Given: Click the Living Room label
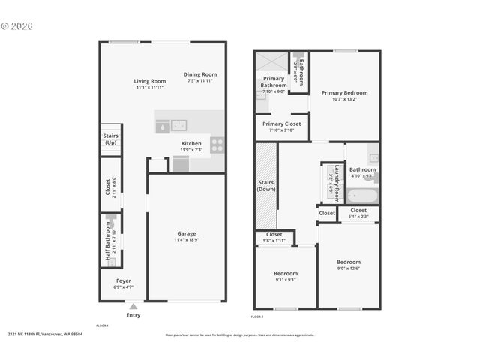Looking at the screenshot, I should [150, 81].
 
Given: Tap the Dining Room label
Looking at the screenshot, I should [201, 74].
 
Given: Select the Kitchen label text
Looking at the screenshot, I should [191, 143].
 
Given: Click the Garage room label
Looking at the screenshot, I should [186, 233].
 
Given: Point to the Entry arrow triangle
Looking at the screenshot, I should [133, 306].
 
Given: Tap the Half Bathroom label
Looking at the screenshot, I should [108, 248].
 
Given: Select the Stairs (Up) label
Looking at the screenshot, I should [110, 139].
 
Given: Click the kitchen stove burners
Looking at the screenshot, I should [217, 142].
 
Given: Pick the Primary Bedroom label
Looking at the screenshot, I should [344, 92].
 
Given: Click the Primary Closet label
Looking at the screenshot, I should [281, 124].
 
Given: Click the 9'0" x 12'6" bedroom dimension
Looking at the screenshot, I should [349, 268].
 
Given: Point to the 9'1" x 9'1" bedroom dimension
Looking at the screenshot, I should [285, 280].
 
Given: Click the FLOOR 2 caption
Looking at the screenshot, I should [257, 317].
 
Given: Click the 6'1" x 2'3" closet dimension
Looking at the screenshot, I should [358, 217].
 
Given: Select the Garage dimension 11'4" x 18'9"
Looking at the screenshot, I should [186, 240].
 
